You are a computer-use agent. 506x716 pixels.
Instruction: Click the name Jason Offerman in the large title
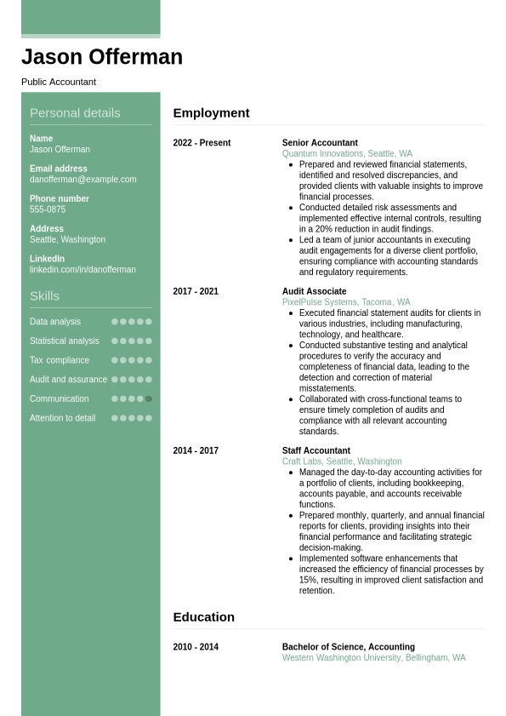pyautogui.click(x=102, y=57)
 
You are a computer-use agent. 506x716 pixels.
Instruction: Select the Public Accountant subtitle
pyautogui.click(x=59, y=82)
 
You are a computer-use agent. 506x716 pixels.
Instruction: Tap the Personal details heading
pyautogui.click(x=75, y=112)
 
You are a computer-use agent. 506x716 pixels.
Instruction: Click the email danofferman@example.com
pyautogui.click(x=83, y=180)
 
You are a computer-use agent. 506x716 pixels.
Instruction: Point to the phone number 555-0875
pyautogui.click(x=48, y=209)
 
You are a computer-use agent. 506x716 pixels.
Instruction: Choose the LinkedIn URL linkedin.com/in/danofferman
pyautogui.click(x=82, y=270)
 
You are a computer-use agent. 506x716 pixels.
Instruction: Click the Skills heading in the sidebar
pyautogui.click(x=44, y=295)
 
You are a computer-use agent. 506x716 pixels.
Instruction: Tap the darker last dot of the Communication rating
pyautogui.click(x=149, y=398)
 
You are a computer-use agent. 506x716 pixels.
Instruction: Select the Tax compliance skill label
pyautogui.click(x=60, y=360)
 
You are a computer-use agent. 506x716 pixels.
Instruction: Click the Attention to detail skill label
pyautogui.click(x=63, y=418)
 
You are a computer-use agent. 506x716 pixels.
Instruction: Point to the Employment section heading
pyautogui.click(x=211, y=112)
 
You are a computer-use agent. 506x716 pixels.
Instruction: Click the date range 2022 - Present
pyautogui.click(x=202, y=143)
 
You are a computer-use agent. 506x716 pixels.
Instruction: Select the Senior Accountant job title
pyautogui.click(x=320, y=143)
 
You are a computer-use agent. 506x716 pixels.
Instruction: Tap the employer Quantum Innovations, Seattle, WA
pyautogui.click(x=347, y=154)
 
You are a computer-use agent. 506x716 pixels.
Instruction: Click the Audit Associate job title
pyautogui.click(x=314, y=291)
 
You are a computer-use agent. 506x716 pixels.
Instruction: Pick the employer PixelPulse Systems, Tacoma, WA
pyautogui.click(x=346, y=302)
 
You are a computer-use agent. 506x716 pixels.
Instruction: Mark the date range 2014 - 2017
pyautogui.click(x=196, y=450)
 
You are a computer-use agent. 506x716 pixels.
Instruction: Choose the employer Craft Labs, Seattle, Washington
pyautogui.click(x=342, y=461)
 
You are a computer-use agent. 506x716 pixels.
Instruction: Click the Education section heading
pyautogui.click(x=203, y=616)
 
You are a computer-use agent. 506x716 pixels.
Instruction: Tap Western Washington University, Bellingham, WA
pyautogui.click(x=373, y=658)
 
